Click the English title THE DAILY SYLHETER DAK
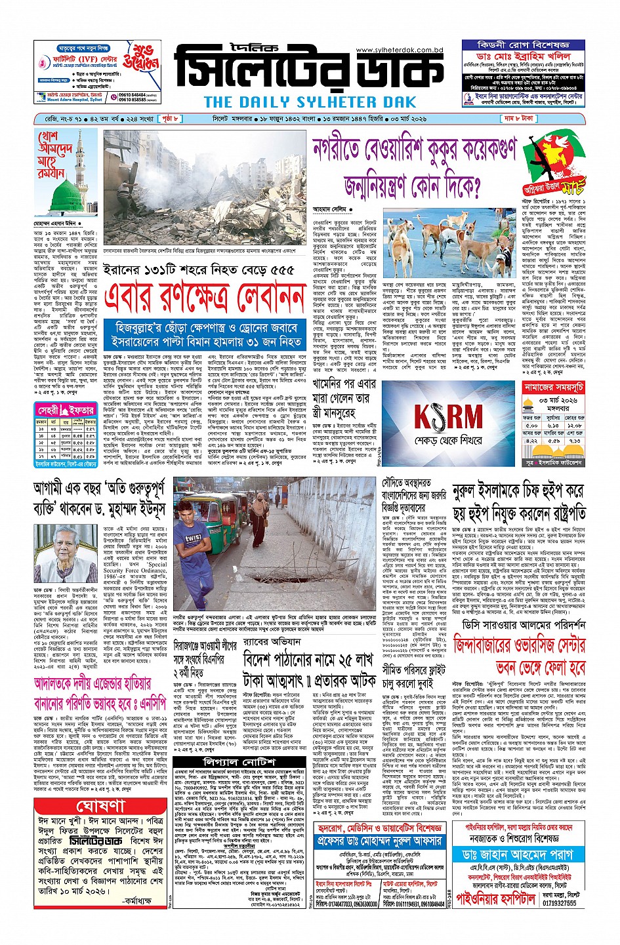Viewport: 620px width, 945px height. pyautogui.click(x=310, y=102)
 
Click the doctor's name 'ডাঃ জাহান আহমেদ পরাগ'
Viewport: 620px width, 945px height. pyautogui.click(x=518, y=855)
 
